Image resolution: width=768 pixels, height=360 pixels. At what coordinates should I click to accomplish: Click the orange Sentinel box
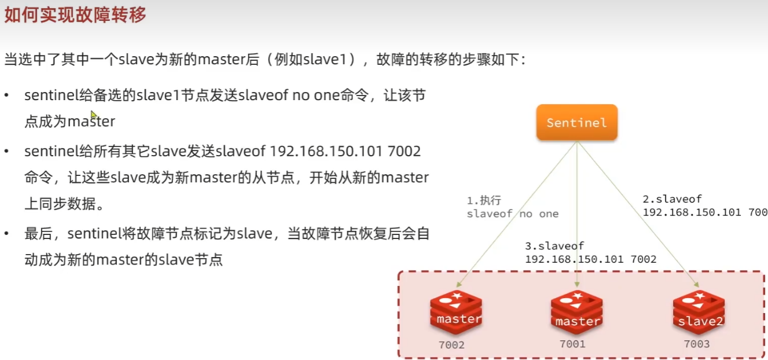pos(576,122)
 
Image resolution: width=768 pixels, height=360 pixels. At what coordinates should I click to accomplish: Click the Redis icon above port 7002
pos(456,313)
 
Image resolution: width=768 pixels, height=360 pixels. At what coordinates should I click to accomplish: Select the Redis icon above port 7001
pos(576,313)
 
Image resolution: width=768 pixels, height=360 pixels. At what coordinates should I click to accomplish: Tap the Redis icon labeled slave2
pos(699,313)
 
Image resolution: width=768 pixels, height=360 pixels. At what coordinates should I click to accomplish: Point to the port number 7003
pos(697,344)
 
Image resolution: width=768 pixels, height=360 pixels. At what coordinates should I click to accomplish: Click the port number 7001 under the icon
pos(572,344)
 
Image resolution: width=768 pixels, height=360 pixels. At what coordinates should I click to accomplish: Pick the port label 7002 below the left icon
pos(451,346)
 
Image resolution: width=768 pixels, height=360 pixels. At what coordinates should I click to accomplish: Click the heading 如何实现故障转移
pos(75,15)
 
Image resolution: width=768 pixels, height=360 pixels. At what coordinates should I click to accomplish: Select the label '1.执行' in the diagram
pos(483,201)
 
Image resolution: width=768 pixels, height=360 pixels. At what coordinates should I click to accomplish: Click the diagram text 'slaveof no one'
pos(513,214)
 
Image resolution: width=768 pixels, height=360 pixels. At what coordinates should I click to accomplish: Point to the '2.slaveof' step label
pos(672,199)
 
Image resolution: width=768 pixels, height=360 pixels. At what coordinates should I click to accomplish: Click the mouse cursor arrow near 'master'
pos(94,115)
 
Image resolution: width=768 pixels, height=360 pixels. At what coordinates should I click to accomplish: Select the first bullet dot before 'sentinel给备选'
pos(6,95)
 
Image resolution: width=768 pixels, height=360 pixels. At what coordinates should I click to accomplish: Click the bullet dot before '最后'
pos(6,234)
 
